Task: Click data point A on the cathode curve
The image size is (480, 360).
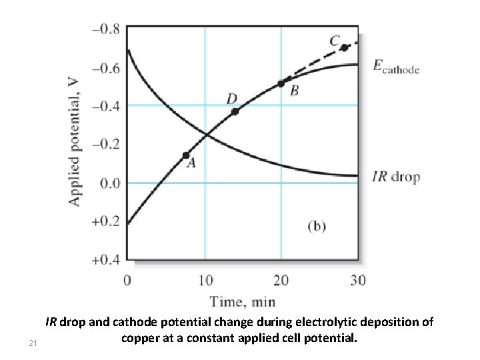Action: tap(186, 155)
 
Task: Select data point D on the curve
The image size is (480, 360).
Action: tap(235, 111)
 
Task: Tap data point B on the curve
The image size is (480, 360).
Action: tap(281, 83)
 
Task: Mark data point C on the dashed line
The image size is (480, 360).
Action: tap(344, 47)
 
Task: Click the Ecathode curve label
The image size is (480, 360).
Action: tap(395, 67)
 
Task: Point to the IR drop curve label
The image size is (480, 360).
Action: tap(395, 177)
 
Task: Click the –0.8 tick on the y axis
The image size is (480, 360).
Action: tap(107, 29)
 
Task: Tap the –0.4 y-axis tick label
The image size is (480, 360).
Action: tap(107, 106)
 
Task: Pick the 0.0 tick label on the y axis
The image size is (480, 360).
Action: tap(109, 183)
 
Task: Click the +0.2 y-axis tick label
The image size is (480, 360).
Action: tap(107, 221)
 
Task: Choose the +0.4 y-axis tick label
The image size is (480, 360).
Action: tap(107, 259)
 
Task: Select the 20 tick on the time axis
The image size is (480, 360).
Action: tap(281, 279)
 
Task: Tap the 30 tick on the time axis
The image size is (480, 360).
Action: tap(358, 279)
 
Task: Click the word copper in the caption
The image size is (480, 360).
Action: tap(141, 338)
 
